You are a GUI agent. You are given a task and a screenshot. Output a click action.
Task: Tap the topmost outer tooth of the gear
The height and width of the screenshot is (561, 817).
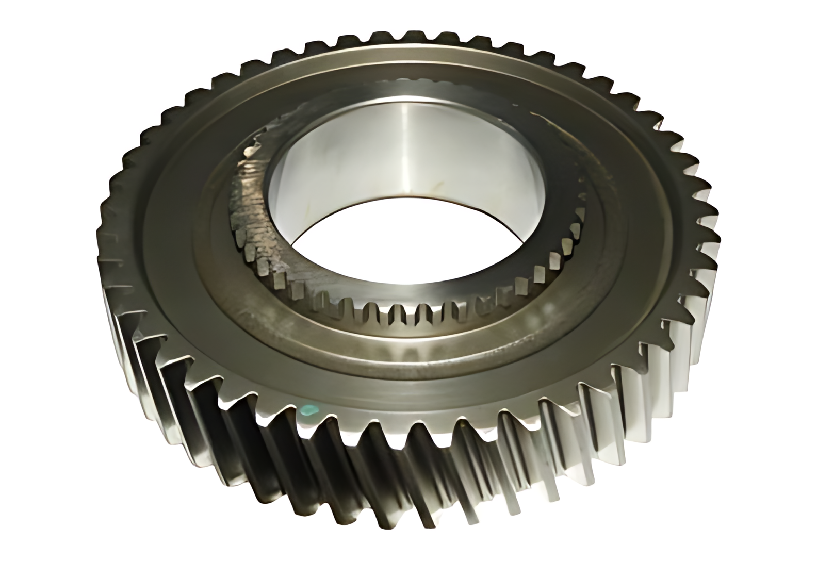[407, 36]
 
